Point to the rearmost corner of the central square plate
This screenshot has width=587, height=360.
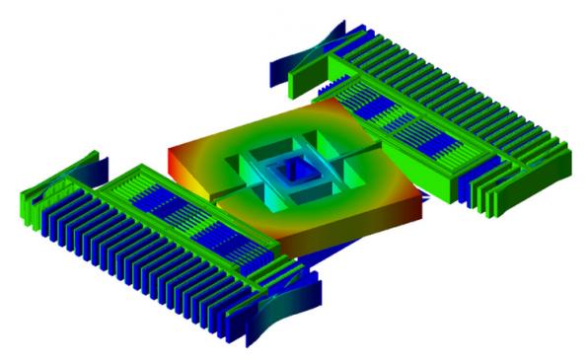point(314,100)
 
